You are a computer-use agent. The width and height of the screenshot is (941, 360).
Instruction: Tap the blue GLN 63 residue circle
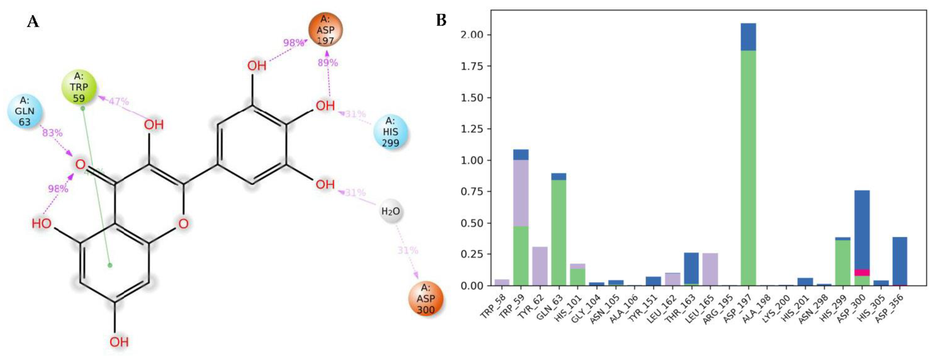24,111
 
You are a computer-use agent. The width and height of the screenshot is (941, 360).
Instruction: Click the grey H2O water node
391,211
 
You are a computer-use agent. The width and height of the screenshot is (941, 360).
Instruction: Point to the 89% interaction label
328,63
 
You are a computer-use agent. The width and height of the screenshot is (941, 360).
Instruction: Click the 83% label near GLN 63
52,133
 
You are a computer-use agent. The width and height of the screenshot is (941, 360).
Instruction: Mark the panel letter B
441,20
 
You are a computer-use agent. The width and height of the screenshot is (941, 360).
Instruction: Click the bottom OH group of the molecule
119,342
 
